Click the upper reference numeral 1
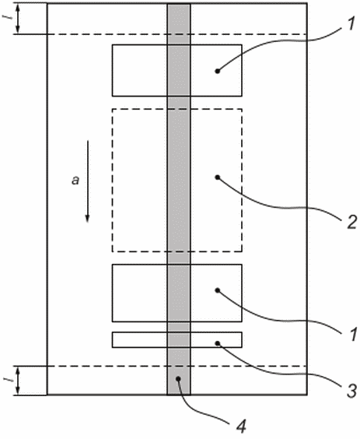[348, 25]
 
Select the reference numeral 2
[351, 222]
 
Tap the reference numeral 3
[351, 390]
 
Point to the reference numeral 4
[241, 427]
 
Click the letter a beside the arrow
[75, 180]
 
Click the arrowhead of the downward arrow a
[87, 219]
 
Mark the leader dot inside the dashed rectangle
[218, 177]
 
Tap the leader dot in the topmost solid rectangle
[218, 71]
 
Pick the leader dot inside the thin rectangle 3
[218, 343]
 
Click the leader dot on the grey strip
[178, 379]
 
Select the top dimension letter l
[10, 18]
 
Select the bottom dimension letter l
[10, 380]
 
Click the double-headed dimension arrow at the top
[18, 19]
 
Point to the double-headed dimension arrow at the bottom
[18, 381]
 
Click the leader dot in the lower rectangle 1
[218, 290]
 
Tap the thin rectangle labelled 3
[177, 340]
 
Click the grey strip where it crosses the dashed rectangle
[179, 181]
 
